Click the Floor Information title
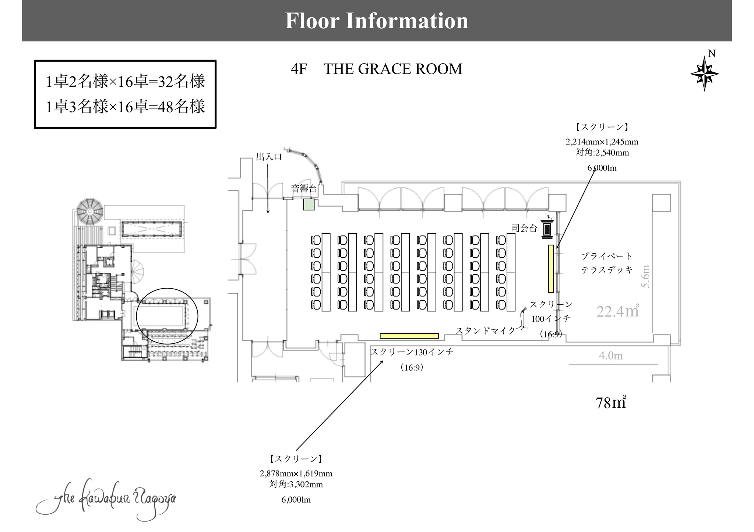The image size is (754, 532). [x=377, y=21]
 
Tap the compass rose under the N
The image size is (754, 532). [x=704, y=74]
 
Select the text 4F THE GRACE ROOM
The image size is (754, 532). [x=376, y=69]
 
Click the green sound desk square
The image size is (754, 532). [x=309, y=204]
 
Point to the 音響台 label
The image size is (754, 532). [x=304, y=189]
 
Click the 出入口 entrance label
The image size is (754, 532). [x=269, y=157]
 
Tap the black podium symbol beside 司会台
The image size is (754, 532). [x=547, y=228]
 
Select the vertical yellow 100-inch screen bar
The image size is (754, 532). [x=551, y=269]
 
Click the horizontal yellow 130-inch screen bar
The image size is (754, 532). [x=409, y=336]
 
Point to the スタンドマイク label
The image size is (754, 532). [x=486, y=331]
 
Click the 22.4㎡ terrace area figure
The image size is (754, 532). [x=617, y=311]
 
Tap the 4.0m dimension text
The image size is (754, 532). [x=611, y=356]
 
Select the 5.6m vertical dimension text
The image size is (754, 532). [x=646, y=276]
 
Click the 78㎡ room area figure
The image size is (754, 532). [x=611, y=403]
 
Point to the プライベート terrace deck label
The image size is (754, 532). [x=607, y=256]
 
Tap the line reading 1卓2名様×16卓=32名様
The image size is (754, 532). [x=125, y=81]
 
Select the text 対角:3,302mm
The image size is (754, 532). [x=296, y=484]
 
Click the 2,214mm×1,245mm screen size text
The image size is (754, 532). [x=602, y=142]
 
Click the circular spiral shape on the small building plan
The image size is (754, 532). [x=91, y=212]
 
